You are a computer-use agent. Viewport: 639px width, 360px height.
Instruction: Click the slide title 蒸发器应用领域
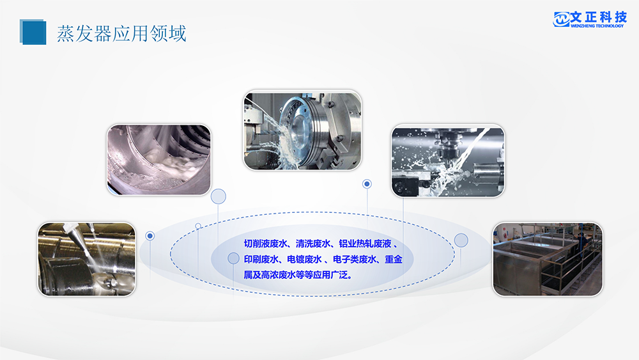click(121, 33)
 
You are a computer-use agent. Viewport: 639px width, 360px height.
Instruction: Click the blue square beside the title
click(33, 32)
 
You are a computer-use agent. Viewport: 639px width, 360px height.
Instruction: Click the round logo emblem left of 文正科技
click(561, 19)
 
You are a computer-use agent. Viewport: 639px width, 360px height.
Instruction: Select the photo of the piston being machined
click(303, 130)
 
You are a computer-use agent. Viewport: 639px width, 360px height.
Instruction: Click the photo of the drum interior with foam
click(158, 160)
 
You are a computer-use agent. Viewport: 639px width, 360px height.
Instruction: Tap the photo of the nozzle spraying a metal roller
click(86, 259)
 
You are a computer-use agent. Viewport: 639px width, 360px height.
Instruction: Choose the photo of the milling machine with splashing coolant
click(447, 161)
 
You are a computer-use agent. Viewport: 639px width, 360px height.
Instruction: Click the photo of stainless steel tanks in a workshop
click(548, 259)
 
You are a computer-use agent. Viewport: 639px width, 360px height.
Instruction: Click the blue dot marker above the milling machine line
click(367, 184)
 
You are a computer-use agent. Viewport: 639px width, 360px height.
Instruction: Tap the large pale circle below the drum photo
click(219, 196)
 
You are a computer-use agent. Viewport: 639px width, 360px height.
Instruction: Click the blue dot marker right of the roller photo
click(150, 236)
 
